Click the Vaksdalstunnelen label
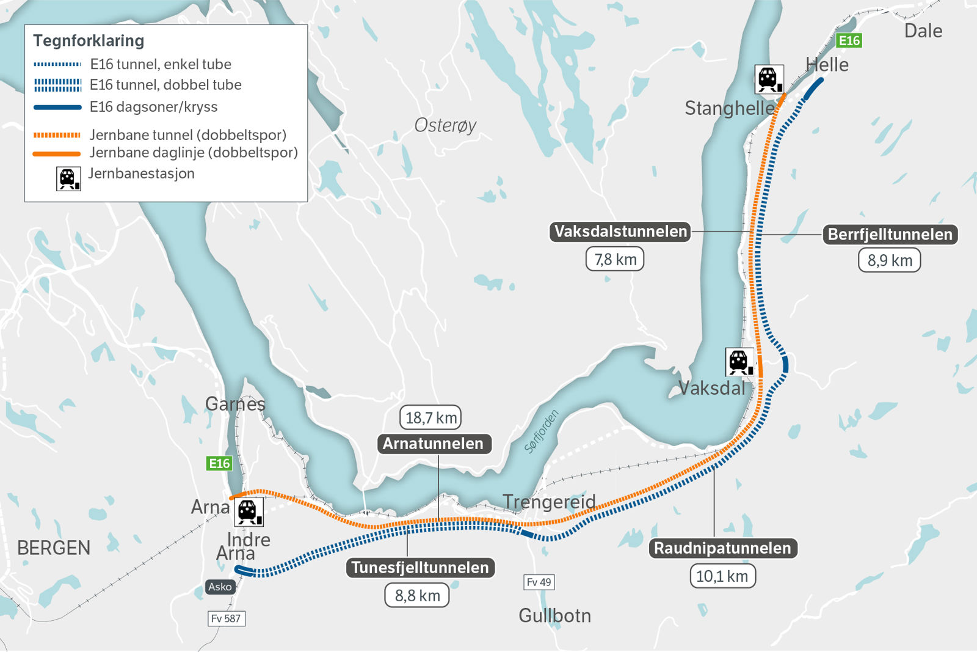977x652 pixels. pyautogui.click(x=620, y=232)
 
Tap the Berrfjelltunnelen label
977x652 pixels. pyautogui.click(x=890, y=235)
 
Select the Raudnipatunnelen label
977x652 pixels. pyautogui.click(x=722, y=548)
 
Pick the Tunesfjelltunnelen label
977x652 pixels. pyautogui.click(x=420, y=568)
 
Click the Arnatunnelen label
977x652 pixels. pyautogui.click(x=433, y=444)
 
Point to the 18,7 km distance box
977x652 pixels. pyautogui.click(x=430, y=418)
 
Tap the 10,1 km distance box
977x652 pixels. pyautogui.click(x=722, y=576)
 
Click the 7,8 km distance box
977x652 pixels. pyautogui.click(x=615, y=260)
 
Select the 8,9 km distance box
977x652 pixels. pyautogui.click(x=890, y=260)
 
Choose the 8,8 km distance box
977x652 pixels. pyautogui.click(x=417, y=595)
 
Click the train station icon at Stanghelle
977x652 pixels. pyautogui.click(x=768, y=79)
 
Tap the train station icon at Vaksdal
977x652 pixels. pyautogui.click(x=739, y=362)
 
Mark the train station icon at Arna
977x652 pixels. pyautogui.click(x=248, y=511)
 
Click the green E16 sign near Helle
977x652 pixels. pyautogui.click(x=849, y=41)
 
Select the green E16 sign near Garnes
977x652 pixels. pyautogui.click(x=219, y=464)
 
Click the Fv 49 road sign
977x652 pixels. pyautogui.click(x=539, y=582)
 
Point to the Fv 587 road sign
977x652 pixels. pyautogui.click(x=226, y=618)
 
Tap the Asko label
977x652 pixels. pyautogui.click(x=220, y=587)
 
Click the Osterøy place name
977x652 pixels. pyautogui.click(x=445, y=125)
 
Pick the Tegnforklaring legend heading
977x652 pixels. pyautogui.click(x=89, y=41)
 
